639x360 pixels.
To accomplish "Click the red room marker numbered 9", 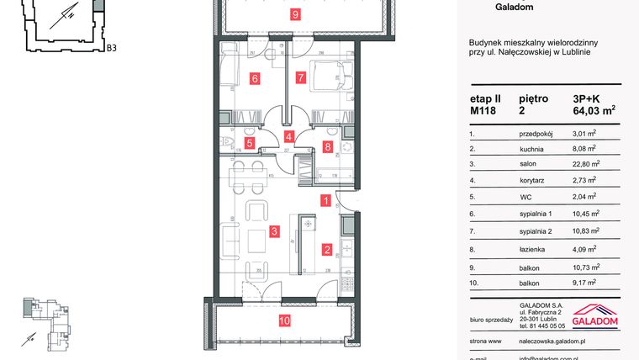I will pyautogui.click(x=294, y=13).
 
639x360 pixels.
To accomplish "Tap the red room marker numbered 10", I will pyautogui.click(x=284, y=320).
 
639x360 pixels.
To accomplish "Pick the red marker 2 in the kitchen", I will pyautogui.click(x=326, y=249).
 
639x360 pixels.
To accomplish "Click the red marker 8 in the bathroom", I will pyautogui.click(x=327, y=146).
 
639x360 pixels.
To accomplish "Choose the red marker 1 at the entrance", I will pyautogui.click(x=325, y=200).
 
